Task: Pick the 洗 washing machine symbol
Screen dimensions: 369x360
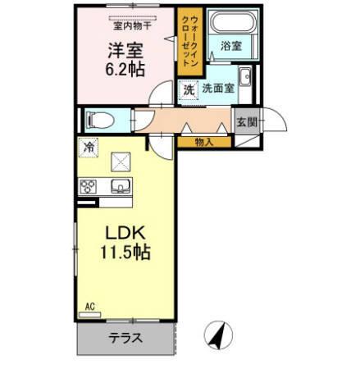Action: (x=188, y=89)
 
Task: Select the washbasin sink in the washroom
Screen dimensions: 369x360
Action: (x=245, y=89)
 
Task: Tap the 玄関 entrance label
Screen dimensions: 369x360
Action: (x=246, y=121)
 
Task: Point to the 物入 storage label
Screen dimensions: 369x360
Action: (x=203, y=143)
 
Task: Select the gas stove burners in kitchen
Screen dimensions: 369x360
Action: (x=89, y=187)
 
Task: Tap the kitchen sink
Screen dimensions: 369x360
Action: (x=121, y=186)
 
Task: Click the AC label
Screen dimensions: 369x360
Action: (x=89, y=306)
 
